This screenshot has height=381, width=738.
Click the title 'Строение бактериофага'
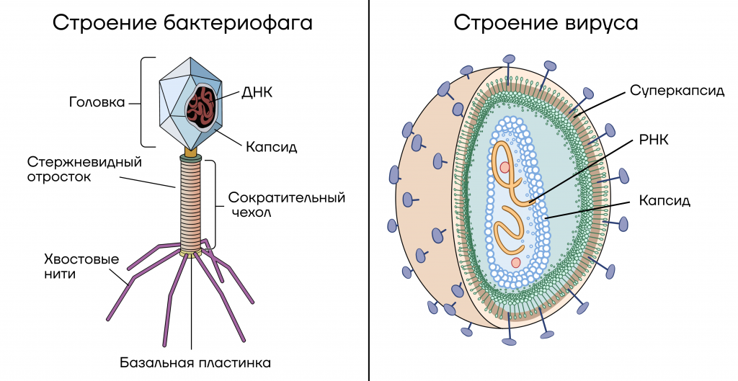182,23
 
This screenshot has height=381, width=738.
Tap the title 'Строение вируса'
546,23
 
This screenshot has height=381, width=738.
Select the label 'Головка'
97,102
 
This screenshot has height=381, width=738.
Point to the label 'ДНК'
257,92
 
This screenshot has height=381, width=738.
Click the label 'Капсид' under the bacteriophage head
272,147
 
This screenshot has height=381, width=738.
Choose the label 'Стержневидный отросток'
84,169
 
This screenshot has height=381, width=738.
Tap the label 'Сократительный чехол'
287,205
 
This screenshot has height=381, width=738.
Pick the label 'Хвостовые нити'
81,266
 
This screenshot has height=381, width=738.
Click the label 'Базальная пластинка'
195,363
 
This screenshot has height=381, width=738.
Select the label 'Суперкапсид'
677,91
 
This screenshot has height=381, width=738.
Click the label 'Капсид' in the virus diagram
664,201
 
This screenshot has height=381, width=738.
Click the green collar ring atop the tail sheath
190,158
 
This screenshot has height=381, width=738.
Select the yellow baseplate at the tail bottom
191,254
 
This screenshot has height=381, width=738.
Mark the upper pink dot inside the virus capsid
505,167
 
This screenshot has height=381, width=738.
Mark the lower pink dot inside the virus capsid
516,262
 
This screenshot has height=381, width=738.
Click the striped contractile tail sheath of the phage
191,205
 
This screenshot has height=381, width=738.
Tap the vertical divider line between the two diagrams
369,190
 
